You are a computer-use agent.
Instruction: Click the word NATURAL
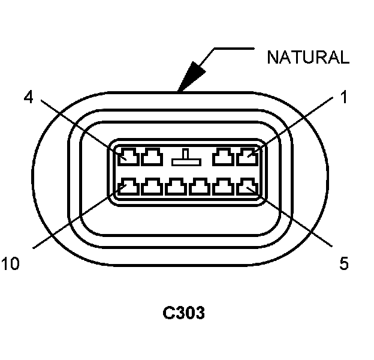[307, 58]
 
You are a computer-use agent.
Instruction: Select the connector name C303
[184, 313]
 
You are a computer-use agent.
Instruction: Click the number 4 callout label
[28, 97]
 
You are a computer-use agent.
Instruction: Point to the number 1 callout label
[343, 97]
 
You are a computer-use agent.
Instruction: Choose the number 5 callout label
[343, 263]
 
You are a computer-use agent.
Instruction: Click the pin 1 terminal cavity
[246, 158]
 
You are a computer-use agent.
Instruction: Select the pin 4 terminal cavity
[129, 158]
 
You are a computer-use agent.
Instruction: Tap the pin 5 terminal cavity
[246, 187]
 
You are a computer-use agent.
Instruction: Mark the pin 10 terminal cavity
[129, 187]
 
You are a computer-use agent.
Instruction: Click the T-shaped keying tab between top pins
[187, 158]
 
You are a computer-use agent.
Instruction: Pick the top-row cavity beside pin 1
[224, 158]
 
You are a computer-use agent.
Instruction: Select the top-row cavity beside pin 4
[152, 158]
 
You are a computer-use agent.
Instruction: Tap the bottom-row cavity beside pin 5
[224, 187]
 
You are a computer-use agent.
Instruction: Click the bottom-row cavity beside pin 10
[152, 187]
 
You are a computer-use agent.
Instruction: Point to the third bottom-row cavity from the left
[176, 187]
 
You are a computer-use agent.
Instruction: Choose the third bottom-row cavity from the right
[199, 187]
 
